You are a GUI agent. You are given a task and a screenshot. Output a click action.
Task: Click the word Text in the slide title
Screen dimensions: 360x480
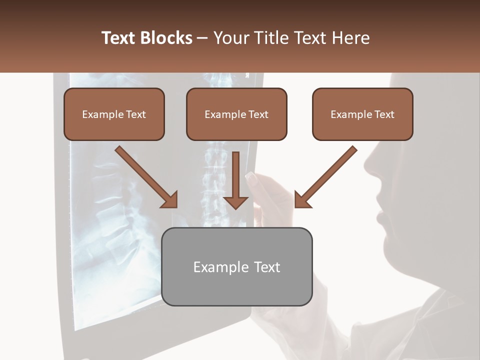point(118,38)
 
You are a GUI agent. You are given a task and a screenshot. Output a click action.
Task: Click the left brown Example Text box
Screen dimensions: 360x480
point(114,114)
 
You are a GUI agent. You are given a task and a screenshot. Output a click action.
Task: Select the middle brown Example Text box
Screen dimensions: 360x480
point(236,114)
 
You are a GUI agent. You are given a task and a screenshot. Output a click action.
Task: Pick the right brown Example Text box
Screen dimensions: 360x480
point(362,114)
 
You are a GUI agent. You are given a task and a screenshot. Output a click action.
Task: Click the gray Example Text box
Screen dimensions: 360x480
point(237,266)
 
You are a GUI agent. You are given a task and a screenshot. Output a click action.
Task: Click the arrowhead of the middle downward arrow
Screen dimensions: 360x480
point(236,202)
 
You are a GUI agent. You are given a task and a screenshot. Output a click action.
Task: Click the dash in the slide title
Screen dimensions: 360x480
point(202,38)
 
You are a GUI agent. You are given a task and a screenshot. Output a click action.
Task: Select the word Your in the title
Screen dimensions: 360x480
point(231,38)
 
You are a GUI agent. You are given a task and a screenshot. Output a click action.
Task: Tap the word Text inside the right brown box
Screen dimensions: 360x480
point(384,114)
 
